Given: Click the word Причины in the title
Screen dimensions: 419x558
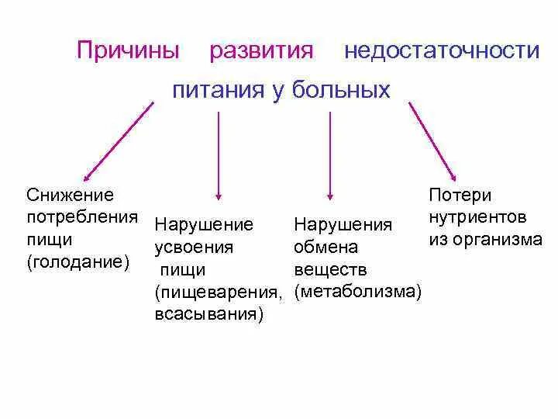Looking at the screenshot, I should pyautogui.click(x=128, y=52).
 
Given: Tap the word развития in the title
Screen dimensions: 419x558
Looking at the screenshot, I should pyautogui.click(x=262, y=52).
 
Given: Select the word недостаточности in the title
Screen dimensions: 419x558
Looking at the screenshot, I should pyautogui.click(x=442, y=52).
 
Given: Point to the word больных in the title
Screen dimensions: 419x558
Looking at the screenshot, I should pyautogui.click(x=341, y=91).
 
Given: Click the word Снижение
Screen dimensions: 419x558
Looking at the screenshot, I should pyautogui.click(x=70, y=195).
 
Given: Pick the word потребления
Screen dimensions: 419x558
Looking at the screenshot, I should pyautogui.click(x=82, y=217).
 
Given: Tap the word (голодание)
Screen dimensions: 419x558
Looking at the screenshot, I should pyautogui.click(x=77, y=262).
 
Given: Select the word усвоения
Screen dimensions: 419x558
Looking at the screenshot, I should pyautogui.click(x=194, y=248).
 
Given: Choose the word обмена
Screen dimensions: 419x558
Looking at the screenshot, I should pyautogui.click(x=326, y=248).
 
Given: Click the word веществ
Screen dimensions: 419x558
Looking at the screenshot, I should pyautogui.click(x=331, y=270).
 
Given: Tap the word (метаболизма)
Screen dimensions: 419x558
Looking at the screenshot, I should pyautogui.click(x=359, y=293).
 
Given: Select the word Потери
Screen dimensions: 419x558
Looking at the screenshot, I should pyautogui.click(x=460, y=195).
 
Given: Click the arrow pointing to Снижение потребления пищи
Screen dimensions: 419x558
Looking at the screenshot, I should pyautogui.click(x=118, y=140).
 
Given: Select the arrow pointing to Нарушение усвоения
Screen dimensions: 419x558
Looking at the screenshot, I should pyautogui.click(x=219, y=155).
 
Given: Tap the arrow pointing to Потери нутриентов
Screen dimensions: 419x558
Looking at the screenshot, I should pyautogui.click(x=432, y=140).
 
